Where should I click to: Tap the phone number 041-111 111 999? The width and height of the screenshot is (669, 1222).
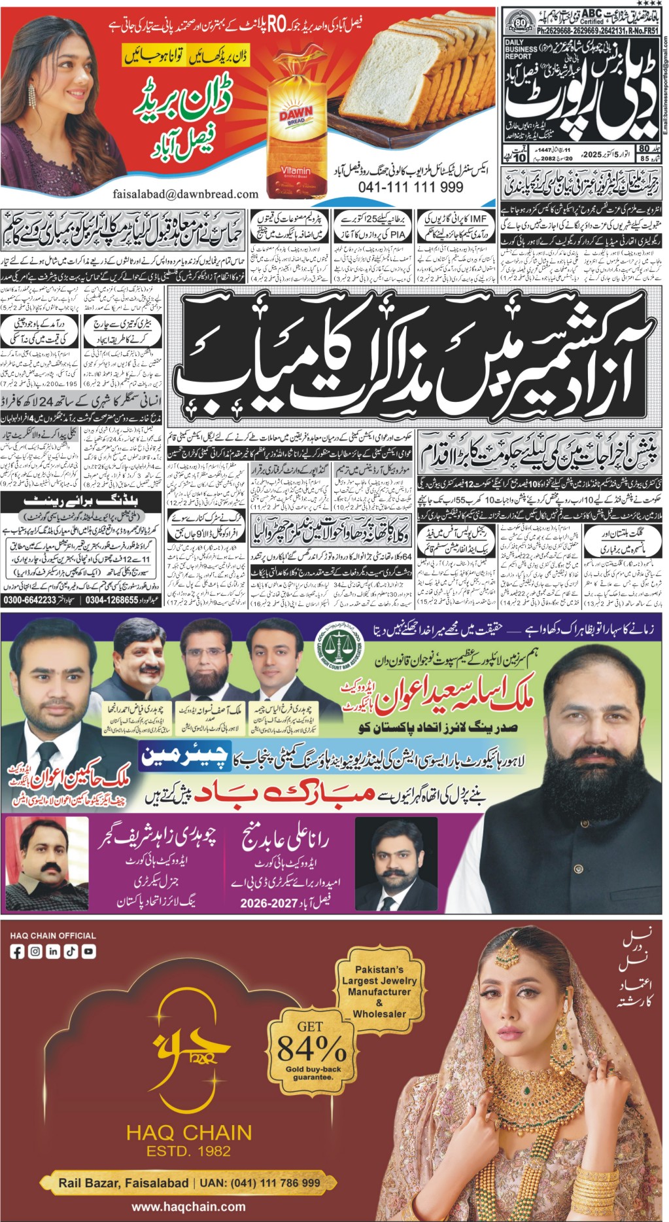411,187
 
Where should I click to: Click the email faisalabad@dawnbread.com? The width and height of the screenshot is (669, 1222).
185,194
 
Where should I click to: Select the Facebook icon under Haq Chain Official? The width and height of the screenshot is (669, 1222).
18,952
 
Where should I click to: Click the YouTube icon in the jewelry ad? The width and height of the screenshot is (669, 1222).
88,952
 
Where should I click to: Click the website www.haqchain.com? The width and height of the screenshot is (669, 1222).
188,1207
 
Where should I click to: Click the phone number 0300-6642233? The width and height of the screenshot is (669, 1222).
30,600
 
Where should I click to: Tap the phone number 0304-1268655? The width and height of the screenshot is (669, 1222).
112,600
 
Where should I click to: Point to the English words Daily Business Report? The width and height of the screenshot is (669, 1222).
521,49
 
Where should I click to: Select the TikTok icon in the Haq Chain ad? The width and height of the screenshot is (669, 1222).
71,952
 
